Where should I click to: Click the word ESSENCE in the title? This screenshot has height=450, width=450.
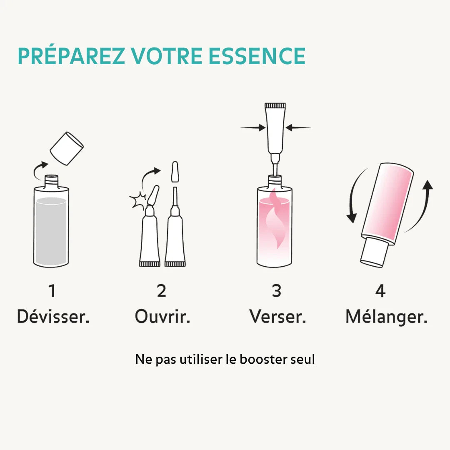(257, 56)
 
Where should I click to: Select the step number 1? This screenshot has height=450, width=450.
(52, 290)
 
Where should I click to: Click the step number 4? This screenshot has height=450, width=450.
(380, 290)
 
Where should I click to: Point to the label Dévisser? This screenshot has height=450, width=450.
(53, 317)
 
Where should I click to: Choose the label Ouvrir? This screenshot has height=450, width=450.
(162, 317)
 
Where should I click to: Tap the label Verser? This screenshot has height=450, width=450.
(277, 317)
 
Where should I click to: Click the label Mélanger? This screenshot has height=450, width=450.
(386, 317)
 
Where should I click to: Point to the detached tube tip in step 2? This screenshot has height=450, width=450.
(175, 172)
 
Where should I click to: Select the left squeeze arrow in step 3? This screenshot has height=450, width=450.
(253, 127)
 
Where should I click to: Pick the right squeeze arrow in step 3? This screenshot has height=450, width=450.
(297, 127)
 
